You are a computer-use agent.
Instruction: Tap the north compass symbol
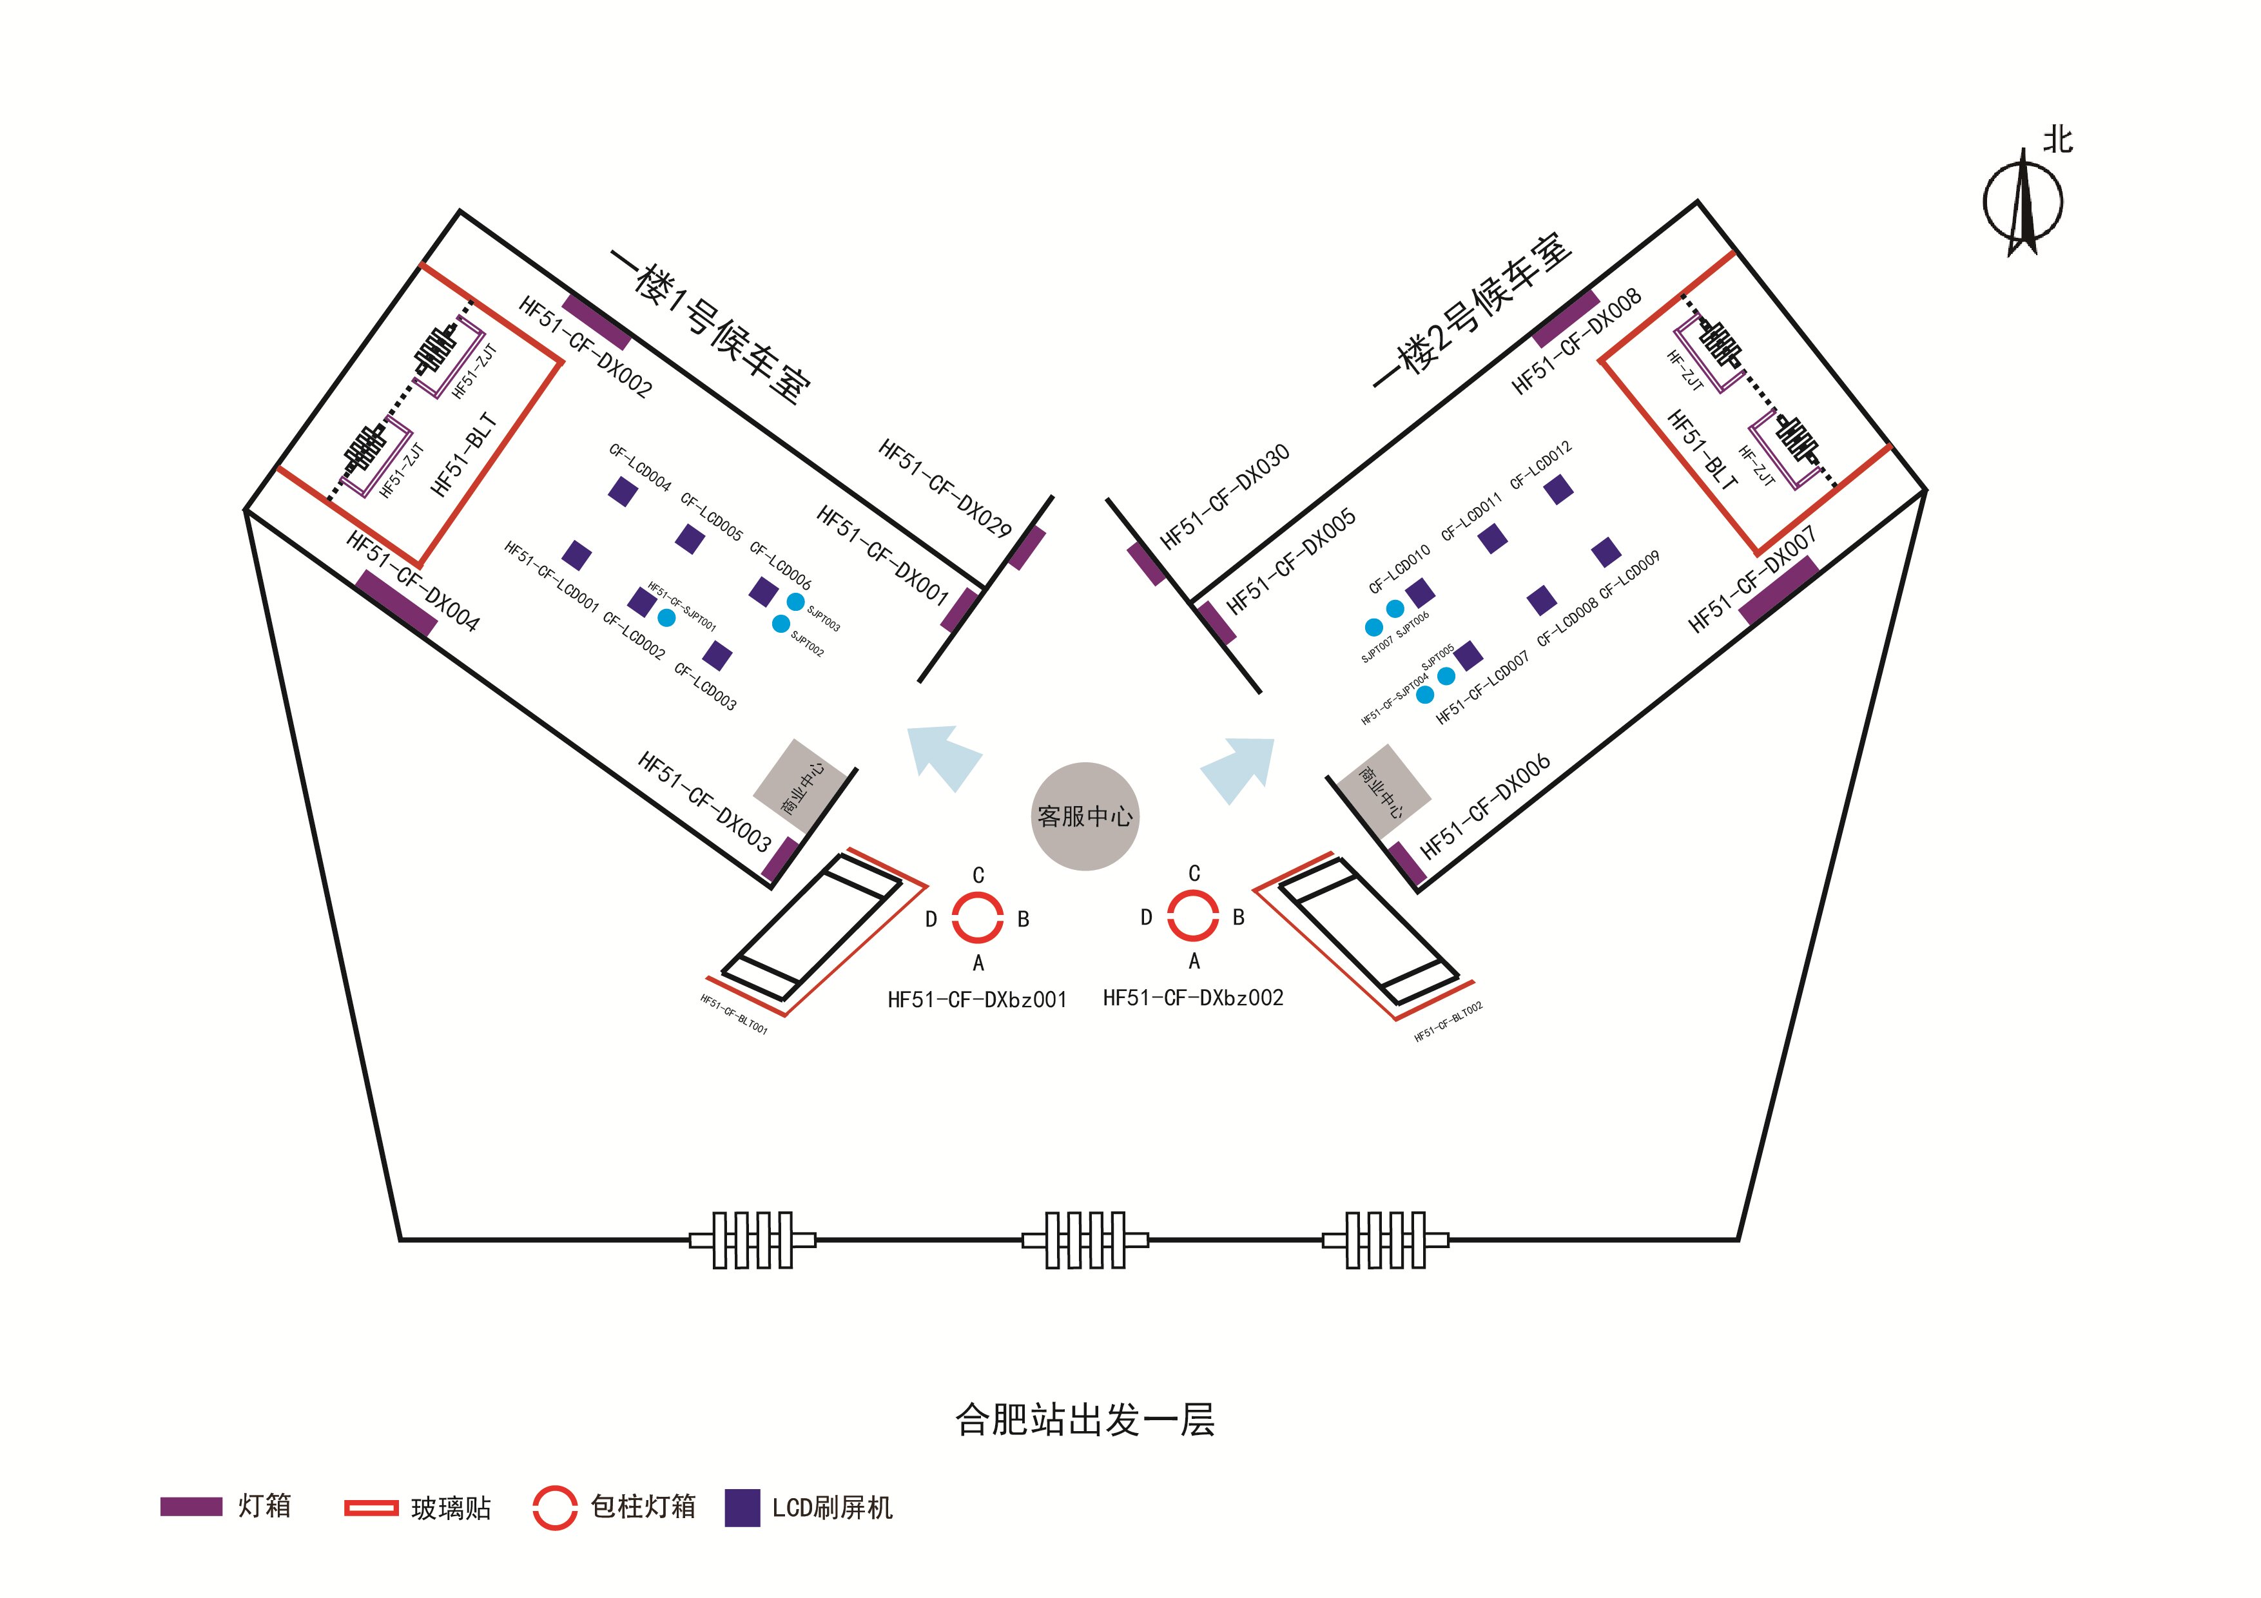point(2022,202)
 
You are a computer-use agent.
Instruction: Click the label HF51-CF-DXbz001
point(977,1000)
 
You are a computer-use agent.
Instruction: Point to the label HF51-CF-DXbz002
point(1192,998)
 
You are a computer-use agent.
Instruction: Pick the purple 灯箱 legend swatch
point(191,1507)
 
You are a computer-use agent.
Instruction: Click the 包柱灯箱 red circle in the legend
point(554,1507)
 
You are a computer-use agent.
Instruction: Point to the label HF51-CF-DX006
point(1485,806)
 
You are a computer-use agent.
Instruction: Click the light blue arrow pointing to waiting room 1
point(944,756)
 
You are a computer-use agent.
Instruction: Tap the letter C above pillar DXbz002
point(1194,873)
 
